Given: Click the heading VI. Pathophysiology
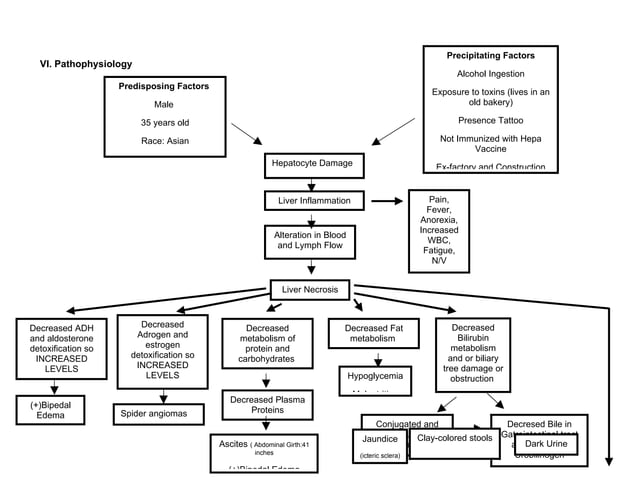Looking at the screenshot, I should [85, 64].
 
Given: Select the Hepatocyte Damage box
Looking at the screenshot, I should [311, 162].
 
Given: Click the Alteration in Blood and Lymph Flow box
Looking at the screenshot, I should [311, 240].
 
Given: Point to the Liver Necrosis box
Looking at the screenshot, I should [310, 290].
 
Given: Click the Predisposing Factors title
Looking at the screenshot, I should [164, 87].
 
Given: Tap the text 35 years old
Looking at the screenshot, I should [164, 123].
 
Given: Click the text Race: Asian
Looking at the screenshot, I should [164, 141].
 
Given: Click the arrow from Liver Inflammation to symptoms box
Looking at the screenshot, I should [386, 201].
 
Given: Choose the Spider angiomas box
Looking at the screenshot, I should [154, 411].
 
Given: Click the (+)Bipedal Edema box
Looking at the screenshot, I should [50, 410].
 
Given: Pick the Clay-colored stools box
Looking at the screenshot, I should [454, 439].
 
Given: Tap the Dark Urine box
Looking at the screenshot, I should [546, 443].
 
